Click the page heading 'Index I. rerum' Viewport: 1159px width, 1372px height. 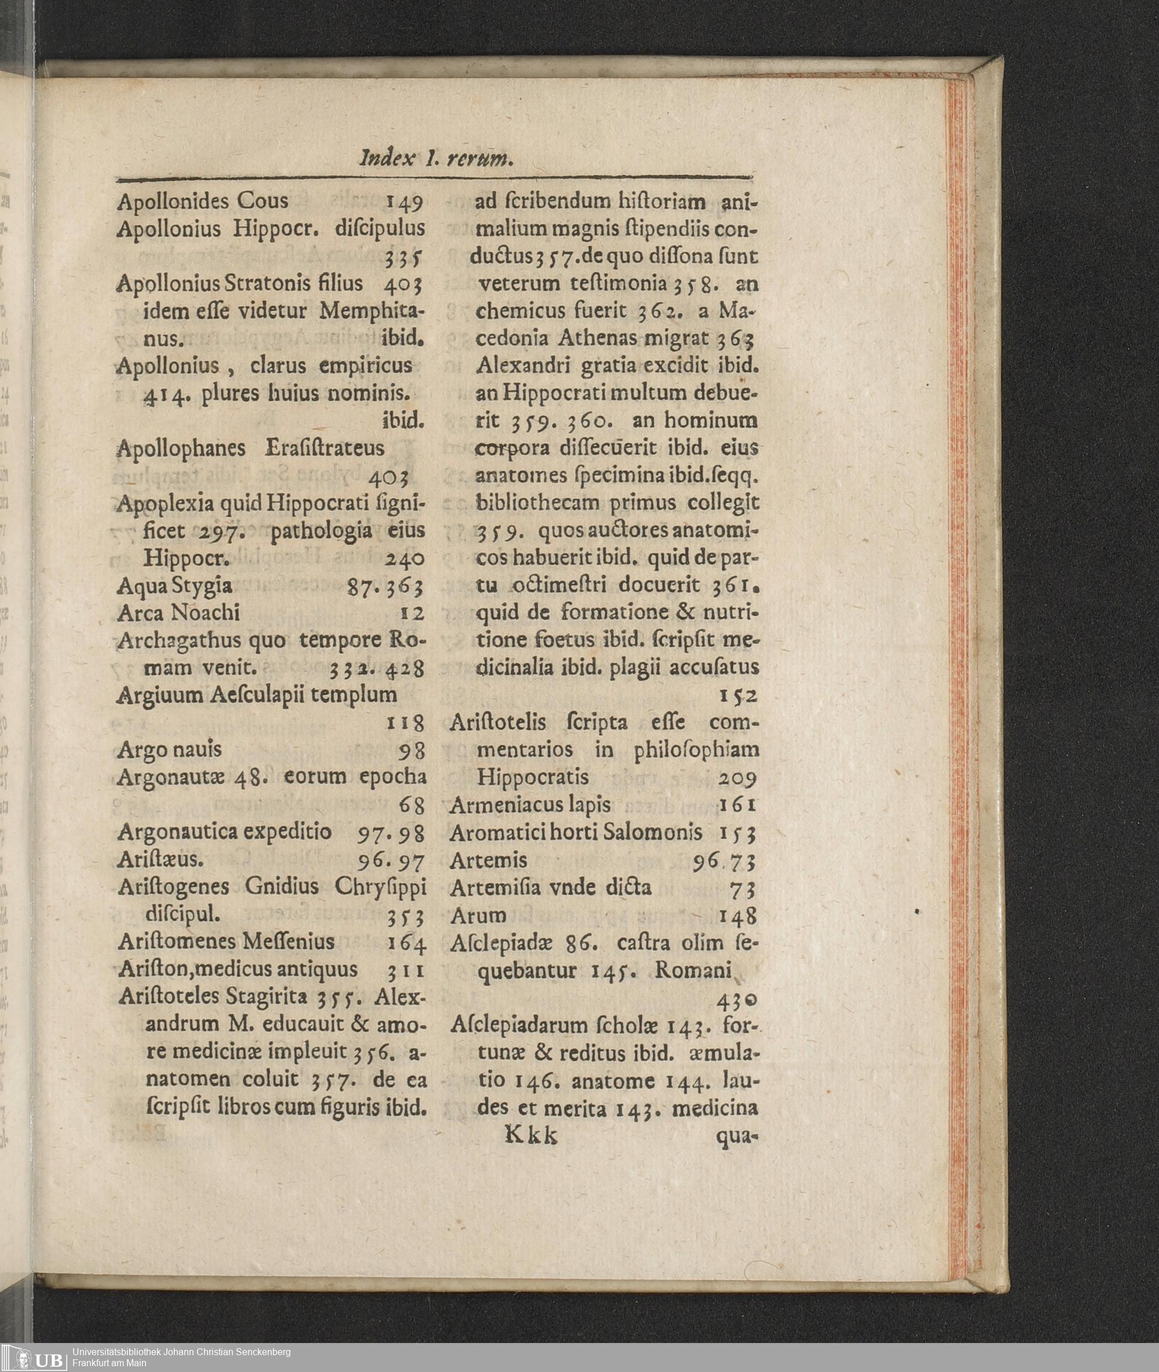[x=435, y=158]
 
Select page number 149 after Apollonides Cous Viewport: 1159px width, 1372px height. [x=404, y=202]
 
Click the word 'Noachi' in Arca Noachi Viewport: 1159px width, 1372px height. [x=205, y=613]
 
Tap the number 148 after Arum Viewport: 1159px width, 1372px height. [x=738, y=916]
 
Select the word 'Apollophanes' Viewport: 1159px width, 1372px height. [x=181, y=449]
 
